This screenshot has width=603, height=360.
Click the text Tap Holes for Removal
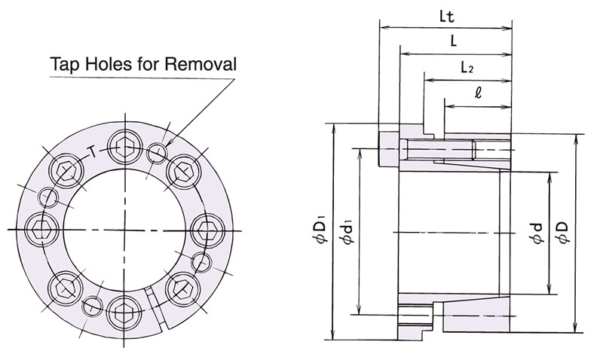coord(142,64)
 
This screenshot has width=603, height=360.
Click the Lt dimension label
coord(446,15)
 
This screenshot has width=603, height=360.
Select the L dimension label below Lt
coord(454,42)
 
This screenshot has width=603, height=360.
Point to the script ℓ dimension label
coord(479,94)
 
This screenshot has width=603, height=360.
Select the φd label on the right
coord(537,236)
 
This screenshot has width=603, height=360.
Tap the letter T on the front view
coord(91,151)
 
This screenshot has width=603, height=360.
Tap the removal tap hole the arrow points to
coord(159,153)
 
